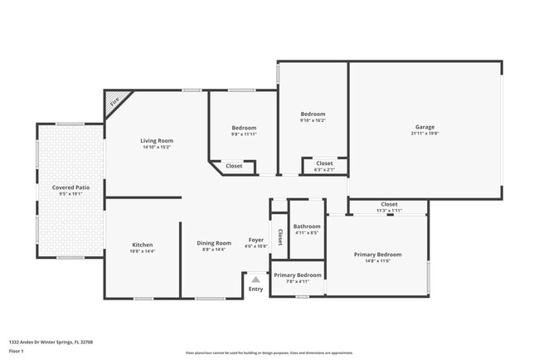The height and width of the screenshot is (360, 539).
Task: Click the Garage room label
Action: coord(425,128)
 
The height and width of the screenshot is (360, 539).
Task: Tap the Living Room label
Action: coord(156,141)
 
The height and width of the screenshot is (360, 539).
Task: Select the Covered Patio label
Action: coord(70,187)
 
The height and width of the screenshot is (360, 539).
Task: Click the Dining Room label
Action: coord(213,243)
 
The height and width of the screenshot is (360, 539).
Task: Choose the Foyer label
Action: coord(256,240)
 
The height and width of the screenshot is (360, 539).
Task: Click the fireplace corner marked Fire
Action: coord(114,101)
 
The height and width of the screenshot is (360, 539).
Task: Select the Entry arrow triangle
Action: coord(256,280)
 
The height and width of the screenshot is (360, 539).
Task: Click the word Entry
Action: coord(256,289)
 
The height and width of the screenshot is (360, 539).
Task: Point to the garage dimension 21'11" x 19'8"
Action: coord(425,134)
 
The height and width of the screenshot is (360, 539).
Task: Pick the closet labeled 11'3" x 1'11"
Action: coord(389,207)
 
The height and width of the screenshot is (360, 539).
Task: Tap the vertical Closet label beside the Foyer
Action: coord(280,236)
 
